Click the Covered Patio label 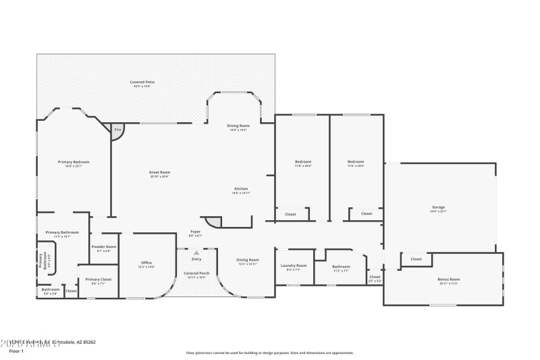coord(142,82)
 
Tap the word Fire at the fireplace coord(117,129)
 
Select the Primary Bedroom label coord(74,162)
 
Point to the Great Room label coord(159,172)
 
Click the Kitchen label coord(241,188)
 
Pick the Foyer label coord(194,232)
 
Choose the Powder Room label coord(104,247)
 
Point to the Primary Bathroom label coord(62,232)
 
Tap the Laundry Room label coord(294,265)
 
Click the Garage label coord(439,207)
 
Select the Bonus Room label coord(449,279)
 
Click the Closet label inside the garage coord(416,259)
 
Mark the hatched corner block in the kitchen coord(213,222)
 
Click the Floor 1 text coord(16,351)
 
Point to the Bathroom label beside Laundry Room coord(341,266)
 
